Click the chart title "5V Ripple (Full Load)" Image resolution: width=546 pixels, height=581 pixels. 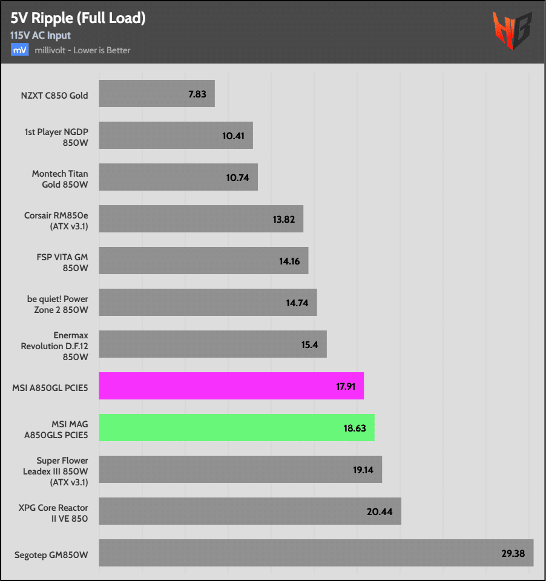[x=78, y=18]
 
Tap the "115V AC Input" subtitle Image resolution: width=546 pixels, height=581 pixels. [x=40, y=35]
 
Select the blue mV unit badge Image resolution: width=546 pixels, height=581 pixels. [x=19, y=50]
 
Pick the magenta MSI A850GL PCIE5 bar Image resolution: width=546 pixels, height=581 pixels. [x=231, y=386]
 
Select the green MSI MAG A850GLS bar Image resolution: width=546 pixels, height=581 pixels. [x=236, y=427]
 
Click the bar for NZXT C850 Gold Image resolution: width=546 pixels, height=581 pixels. [x=156, y=94]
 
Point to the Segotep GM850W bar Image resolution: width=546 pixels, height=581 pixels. [x=315, y=553]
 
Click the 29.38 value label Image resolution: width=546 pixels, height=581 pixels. [x=512, y=553]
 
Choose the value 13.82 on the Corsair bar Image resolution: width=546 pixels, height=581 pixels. [x=284, y=220]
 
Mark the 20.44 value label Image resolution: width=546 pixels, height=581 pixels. [x=380, y=511]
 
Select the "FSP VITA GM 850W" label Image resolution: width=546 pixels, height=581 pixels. [x=62, y=261]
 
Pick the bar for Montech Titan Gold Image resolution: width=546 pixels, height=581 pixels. [x=178, y=177]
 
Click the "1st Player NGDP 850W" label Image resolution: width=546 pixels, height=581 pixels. [x=58, y=136]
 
